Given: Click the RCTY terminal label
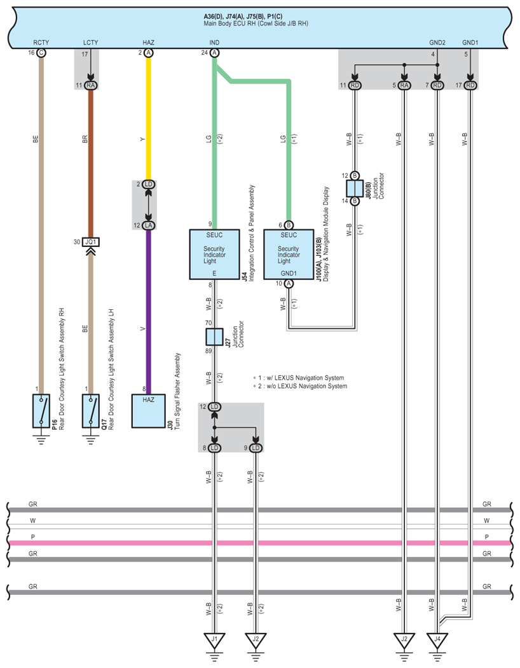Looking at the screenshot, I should click(41, 43).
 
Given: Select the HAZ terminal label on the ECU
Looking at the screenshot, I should click(148, 43).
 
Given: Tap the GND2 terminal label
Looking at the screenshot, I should click(437, 43).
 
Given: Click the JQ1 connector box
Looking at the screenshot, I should click(90, 242).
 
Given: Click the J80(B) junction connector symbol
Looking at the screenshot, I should click(354, 188).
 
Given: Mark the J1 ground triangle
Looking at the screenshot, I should click(215, 639).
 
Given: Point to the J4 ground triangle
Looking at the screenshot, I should click(437, 639).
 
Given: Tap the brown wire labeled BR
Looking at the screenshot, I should click(90, 159).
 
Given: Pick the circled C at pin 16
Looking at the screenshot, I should click(41, 53).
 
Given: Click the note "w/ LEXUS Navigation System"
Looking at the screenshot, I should click(299, 378).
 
